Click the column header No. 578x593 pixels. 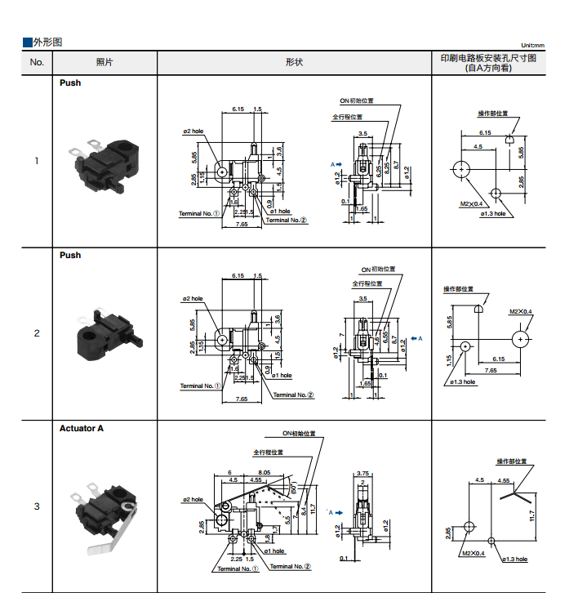(x=37, y=63)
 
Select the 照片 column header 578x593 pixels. (x=104, y=63)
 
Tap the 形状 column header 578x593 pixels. (x=294, y=63)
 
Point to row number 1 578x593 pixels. (x=36, y=160)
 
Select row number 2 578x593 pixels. (x=36, y=333)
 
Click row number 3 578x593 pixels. (x=36, y=506)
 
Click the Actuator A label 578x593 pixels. (x=82, y=428)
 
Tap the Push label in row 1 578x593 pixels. (x=70, y=82)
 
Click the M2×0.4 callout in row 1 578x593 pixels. (x=472, y=203)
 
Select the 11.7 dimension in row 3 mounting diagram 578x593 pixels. (x=531, y=516)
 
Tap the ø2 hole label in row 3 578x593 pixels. (x=192, y=499)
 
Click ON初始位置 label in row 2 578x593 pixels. (x=378, y=270)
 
